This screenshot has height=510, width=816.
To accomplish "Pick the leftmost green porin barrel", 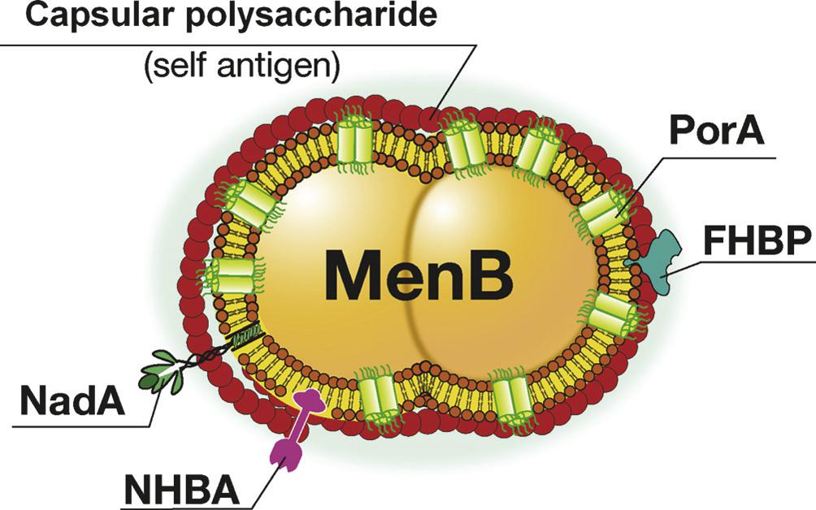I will (x=233, y=275).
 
